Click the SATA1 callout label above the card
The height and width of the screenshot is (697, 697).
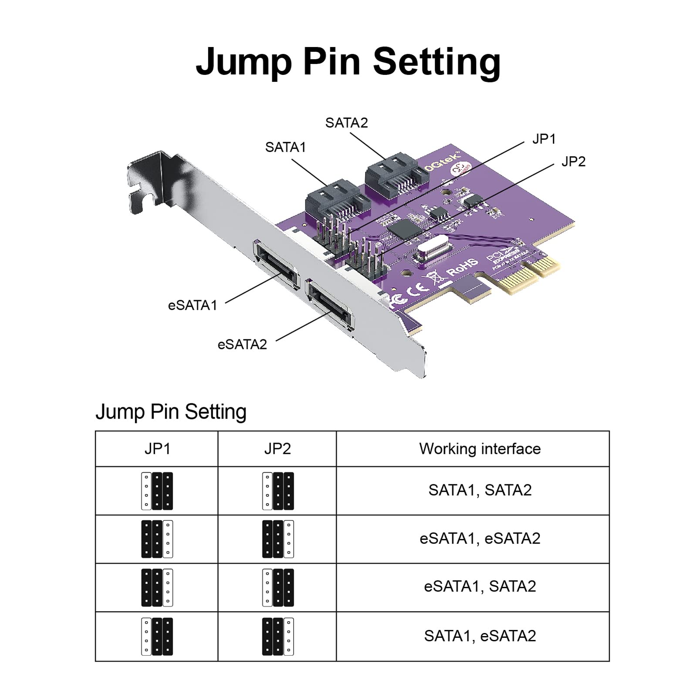tap(285, 148)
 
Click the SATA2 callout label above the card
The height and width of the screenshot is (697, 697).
tap(346, 123)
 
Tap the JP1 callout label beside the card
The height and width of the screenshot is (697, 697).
tap(544, 139)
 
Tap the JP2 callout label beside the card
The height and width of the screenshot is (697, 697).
tap(573, 162)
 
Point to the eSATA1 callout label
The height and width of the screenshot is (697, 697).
tap(192, 305)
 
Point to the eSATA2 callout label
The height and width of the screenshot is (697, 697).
tap(242, 345)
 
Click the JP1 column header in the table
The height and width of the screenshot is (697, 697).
tap(157, 449)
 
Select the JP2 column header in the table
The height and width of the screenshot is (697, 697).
tap(277, 449)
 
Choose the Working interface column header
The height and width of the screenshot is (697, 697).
tap(480, 449)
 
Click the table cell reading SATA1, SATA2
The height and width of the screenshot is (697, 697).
tap(480, 490)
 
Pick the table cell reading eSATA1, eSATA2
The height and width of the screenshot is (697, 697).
tap(480, 538)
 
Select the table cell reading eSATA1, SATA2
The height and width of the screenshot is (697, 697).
tap(480, 586)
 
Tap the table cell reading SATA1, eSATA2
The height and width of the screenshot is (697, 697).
tap(480, 636)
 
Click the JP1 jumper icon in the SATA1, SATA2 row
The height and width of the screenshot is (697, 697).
tap(157, 491)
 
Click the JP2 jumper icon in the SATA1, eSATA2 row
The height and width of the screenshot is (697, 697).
tap(277, 636)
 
